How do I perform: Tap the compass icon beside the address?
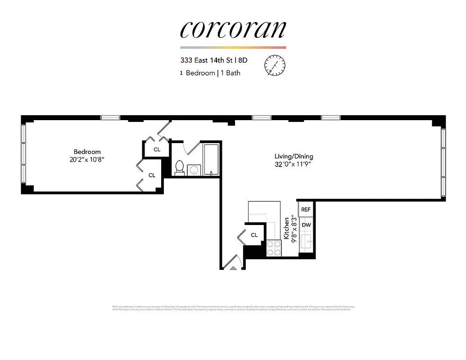coord(275,65)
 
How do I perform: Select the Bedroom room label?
coord(87,152)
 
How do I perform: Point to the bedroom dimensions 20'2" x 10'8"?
coord(87,159)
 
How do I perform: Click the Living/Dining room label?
coord(294,156)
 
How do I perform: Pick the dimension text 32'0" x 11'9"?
coord(294,164)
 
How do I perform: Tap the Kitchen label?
coord(285,228)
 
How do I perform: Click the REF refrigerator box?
coord(306,209)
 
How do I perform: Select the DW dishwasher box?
coord(306,225)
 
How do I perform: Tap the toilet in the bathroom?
coord(179,167)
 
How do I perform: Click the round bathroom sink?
coord(194,170)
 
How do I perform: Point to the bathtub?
coord(211,160)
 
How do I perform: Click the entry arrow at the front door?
coord(233,268)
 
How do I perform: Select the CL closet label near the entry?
coord(254,235)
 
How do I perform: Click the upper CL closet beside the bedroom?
coord(157,149)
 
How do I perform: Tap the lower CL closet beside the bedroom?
coord(152,175)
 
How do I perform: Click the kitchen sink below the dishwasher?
coord(306,242)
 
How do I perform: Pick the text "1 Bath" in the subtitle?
coord(231,73)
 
